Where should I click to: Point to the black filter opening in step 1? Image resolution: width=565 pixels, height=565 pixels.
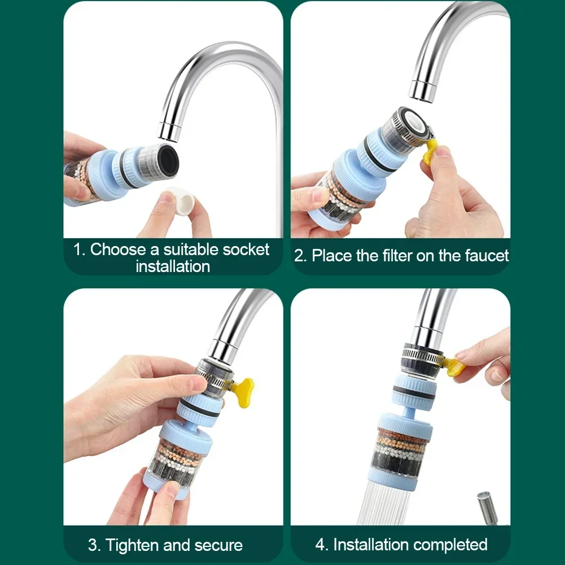click(168, 160)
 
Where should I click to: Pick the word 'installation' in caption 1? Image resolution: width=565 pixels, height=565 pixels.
click(173, 266)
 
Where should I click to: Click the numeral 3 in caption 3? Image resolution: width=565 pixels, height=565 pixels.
click(93, 545)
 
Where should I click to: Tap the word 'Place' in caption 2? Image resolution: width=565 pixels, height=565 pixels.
click(332, 256)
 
